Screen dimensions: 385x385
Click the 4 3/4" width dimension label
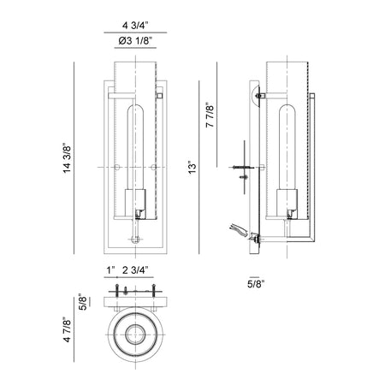(135, 26)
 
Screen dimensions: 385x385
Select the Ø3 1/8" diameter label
(134, 41)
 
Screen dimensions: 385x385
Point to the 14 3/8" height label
(67, 157)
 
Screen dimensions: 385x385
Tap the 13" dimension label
(192, 169)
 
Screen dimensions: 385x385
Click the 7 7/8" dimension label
(210, 116)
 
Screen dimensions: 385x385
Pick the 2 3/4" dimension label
(135, 270)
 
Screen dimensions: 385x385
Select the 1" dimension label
(110, 270)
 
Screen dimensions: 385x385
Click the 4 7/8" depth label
(67, 329)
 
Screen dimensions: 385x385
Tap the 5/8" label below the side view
(256, 284)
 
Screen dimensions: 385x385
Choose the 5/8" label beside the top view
(82, 302)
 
